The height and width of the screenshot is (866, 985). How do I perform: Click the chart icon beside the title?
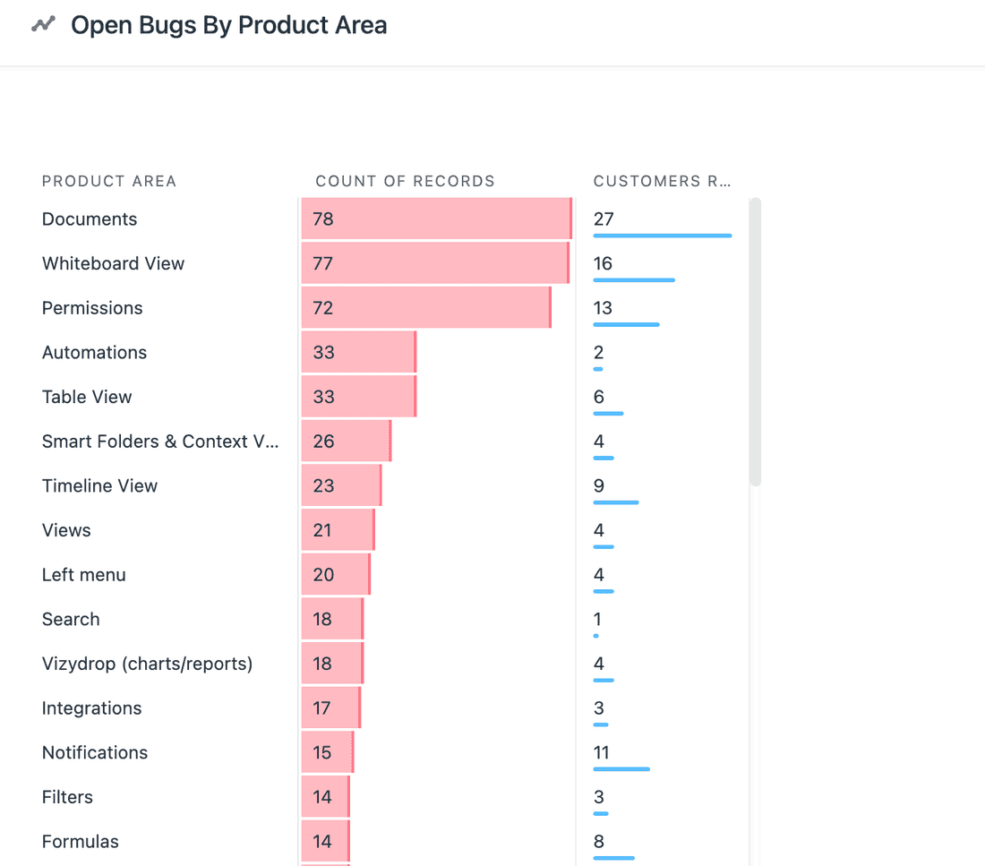(x=43, y=25)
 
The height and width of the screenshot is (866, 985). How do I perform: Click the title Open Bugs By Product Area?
(x=228, y=25)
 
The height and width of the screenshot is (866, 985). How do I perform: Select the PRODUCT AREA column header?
(x=108, y=181)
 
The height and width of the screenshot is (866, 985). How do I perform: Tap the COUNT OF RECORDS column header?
(x=405, y=181)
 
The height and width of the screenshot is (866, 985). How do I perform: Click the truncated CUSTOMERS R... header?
(x=662, y=181)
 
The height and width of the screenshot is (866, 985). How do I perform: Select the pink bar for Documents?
(x=436, y=219)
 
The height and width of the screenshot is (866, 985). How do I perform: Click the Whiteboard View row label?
(x=113, y=263)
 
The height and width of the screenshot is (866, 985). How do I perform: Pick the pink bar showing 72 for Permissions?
(x=425, y=307)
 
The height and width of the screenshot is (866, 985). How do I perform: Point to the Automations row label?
(x=94, y=352)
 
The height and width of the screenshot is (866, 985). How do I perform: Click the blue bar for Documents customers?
(x=662, y=236)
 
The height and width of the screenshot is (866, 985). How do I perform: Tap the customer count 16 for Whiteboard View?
(x=603, y=263)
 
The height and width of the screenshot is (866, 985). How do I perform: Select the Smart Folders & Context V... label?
(x=160, y=441)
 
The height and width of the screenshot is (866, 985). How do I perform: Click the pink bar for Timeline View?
(x=341, y=485)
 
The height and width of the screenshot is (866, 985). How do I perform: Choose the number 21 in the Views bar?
(x=322, y=530)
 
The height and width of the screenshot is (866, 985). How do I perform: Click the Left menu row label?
(x=83, y=574)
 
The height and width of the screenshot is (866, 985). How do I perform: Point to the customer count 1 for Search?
(x=597, y=619)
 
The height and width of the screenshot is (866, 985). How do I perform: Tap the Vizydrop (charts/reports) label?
(x=147, y=663)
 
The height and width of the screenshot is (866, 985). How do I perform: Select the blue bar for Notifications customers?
(x=621, y=768)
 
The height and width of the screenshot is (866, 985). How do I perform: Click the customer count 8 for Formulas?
(x=598, y=841)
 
